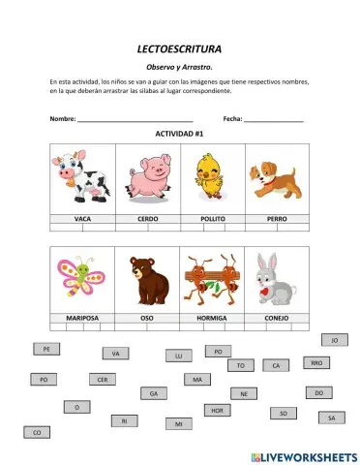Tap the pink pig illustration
147,177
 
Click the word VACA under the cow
82,219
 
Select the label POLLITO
212,219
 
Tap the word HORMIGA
212,318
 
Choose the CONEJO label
276,318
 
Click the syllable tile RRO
316,362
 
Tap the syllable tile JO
334,340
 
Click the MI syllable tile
177,423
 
